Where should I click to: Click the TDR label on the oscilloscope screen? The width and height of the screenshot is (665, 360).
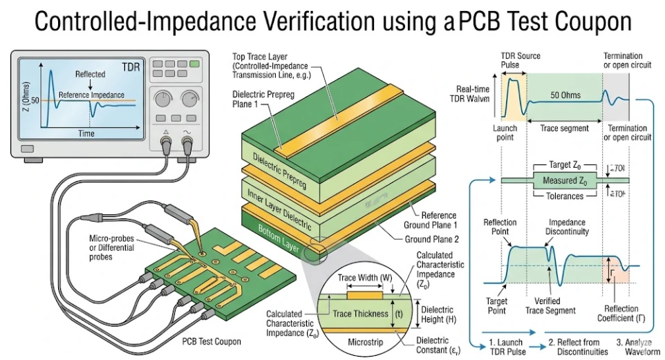[x=131, y=67]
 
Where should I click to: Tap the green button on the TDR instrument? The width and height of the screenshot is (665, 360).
[x=194, y=64]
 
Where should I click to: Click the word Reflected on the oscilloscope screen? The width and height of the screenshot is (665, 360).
[x=90, y=73]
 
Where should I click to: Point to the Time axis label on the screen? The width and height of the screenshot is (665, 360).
[x=86, y=133]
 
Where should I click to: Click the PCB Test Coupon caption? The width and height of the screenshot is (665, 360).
[x=212, y=341]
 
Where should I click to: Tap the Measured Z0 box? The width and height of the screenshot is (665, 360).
[x=565, y=182]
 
